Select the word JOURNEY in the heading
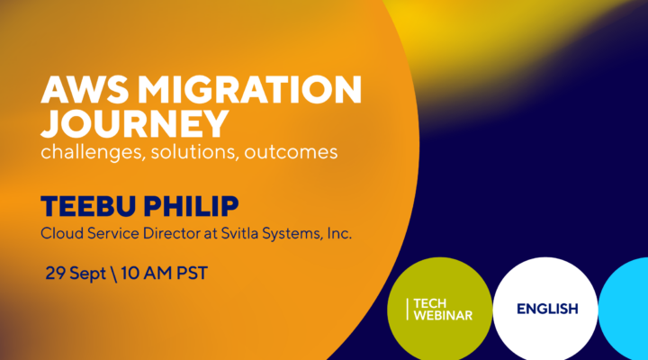click(x=122, y=122)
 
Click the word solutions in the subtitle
click(x=197, y=152)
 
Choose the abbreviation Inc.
click(x=336, y=233)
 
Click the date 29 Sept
click(x=75, y=272)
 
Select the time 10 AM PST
click(x=163, y=272)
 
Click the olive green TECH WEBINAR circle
click(x=439, y=309)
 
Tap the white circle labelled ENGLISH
click(x=546, y=309)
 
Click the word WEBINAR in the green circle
click(x=443, y=316)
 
